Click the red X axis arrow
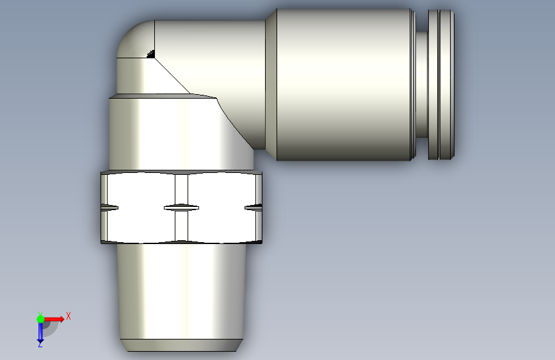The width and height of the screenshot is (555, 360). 54,319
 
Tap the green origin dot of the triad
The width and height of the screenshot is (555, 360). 40,319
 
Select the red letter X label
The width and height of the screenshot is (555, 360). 68,316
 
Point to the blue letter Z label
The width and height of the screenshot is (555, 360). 40,344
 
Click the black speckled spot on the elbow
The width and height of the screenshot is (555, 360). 151,54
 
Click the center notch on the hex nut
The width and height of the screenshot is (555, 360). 181,208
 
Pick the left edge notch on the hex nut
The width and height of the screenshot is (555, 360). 109,208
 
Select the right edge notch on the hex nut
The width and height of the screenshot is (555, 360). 253,208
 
